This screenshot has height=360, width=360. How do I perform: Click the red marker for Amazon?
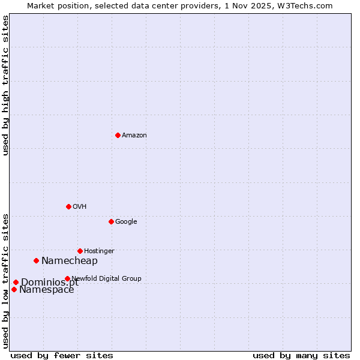(118, 135)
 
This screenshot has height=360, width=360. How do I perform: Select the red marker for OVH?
(68, 206)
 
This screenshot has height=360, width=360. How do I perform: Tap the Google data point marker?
(111, 221)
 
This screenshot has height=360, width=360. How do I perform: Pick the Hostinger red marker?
(80, 251)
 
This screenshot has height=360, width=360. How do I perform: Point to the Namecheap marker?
(37, 260)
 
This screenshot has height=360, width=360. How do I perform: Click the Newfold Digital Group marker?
(67, 278)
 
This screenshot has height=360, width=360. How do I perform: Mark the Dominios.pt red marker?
(16, 282)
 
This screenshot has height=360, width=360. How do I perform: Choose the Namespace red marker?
(14, 289)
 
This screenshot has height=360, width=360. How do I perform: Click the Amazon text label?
(134, 136)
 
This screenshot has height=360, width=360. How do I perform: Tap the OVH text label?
(80, 207)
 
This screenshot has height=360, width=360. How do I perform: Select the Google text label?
(126, 222)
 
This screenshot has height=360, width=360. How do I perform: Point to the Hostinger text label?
(99, 251)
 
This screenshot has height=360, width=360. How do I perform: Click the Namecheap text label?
(70, 261)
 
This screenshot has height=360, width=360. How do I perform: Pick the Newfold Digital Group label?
(107, 278)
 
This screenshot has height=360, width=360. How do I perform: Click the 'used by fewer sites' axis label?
(62, 355)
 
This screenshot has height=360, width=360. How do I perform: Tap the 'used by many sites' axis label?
(301, 355)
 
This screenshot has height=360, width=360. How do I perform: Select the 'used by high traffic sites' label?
(5, 85)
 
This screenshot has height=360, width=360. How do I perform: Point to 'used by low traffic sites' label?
(5, 280)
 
